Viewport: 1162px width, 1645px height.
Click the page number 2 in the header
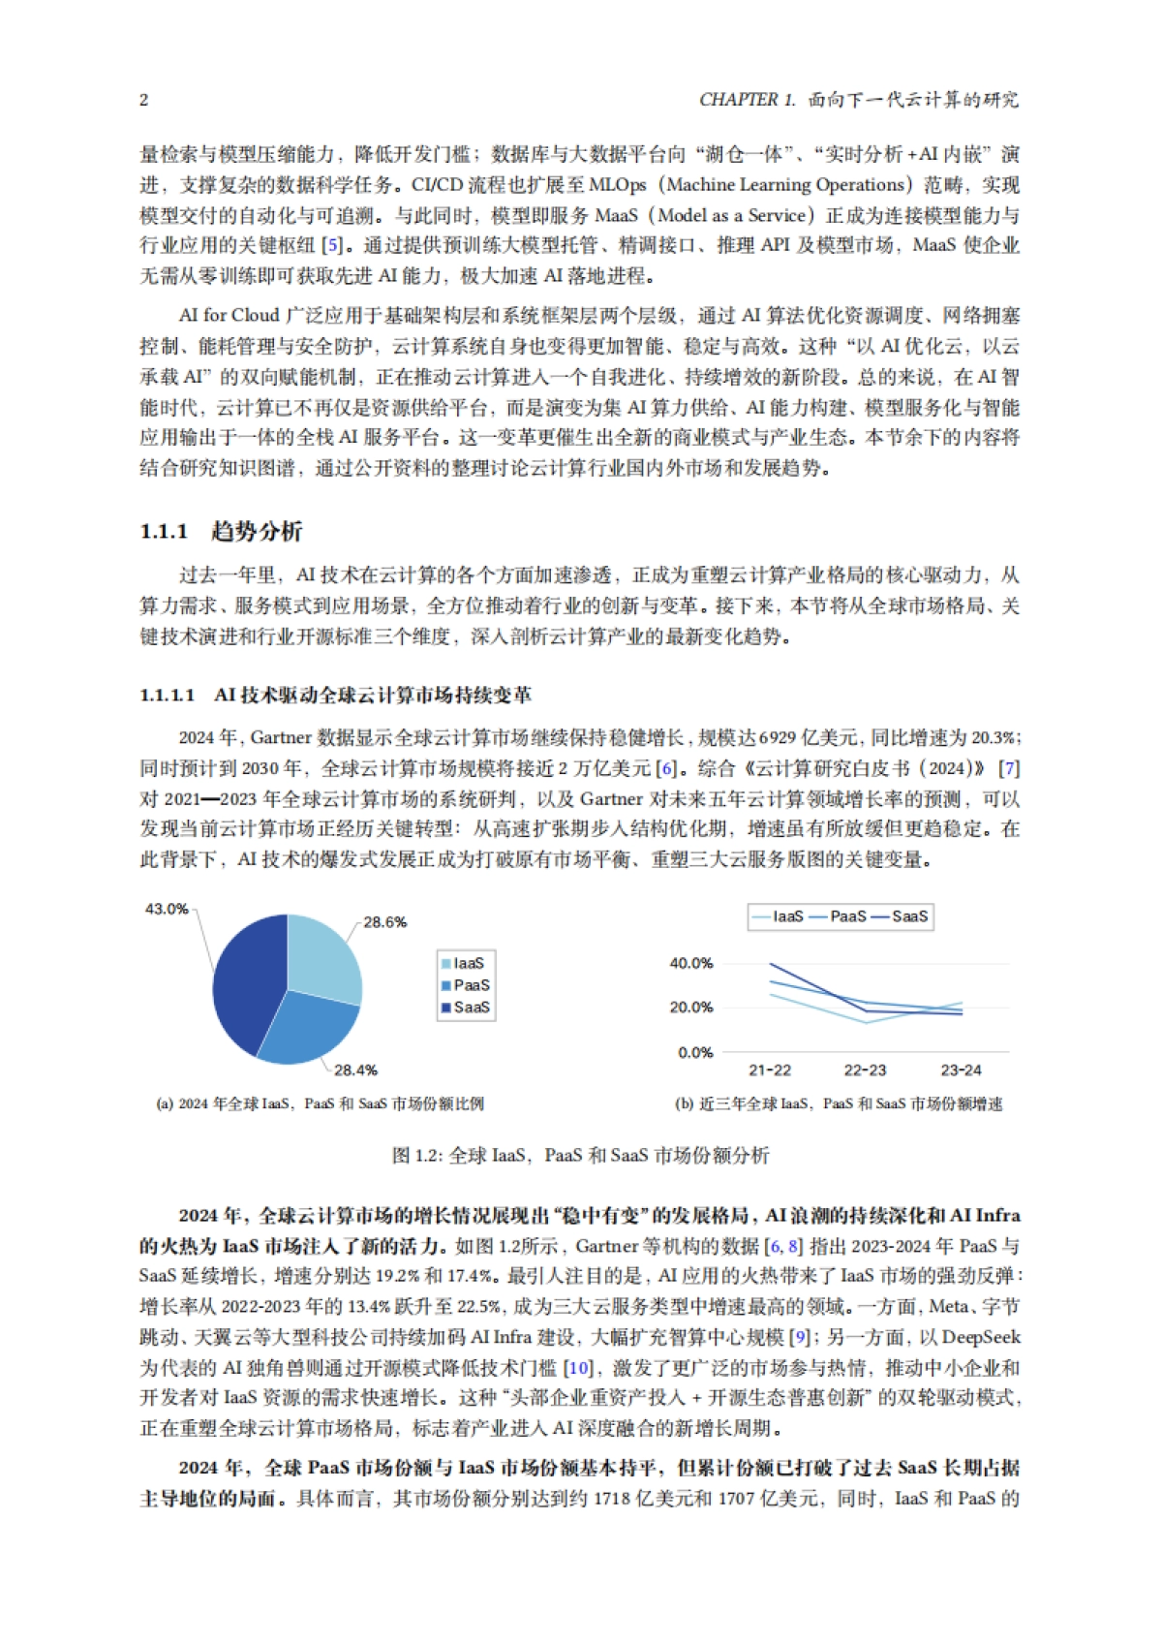pos(144,100)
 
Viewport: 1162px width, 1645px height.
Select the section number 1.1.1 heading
pos(164,532)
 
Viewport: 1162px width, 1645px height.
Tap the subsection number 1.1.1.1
pos(168,696)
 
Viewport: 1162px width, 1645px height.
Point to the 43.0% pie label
pos(166,909)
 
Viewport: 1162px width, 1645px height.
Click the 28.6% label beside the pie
pos(384,922)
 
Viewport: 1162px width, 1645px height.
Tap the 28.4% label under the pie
pos(355,1071)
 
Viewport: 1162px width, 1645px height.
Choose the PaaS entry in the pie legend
pos(471,985)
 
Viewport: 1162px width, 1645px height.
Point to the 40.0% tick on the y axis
pos(690,963)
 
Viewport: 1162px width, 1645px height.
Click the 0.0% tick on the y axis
pos(695,1052)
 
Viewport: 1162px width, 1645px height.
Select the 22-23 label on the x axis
pos(865,1071)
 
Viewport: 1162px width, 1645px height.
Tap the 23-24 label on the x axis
pos(961,1071)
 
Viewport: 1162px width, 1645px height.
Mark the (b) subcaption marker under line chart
pos(684,1104)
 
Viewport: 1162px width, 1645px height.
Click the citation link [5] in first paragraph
pos(331,246)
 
